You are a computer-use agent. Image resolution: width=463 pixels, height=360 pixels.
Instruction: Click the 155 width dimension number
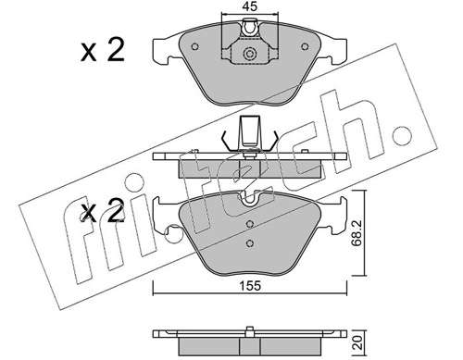point(246,289)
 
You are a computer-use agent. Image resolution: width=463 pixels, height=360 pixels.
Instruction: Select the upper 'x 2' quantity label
point(105,52)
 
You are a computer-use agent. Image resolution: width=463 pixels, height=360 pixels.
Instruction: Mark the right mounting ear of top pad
point(334,45)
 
